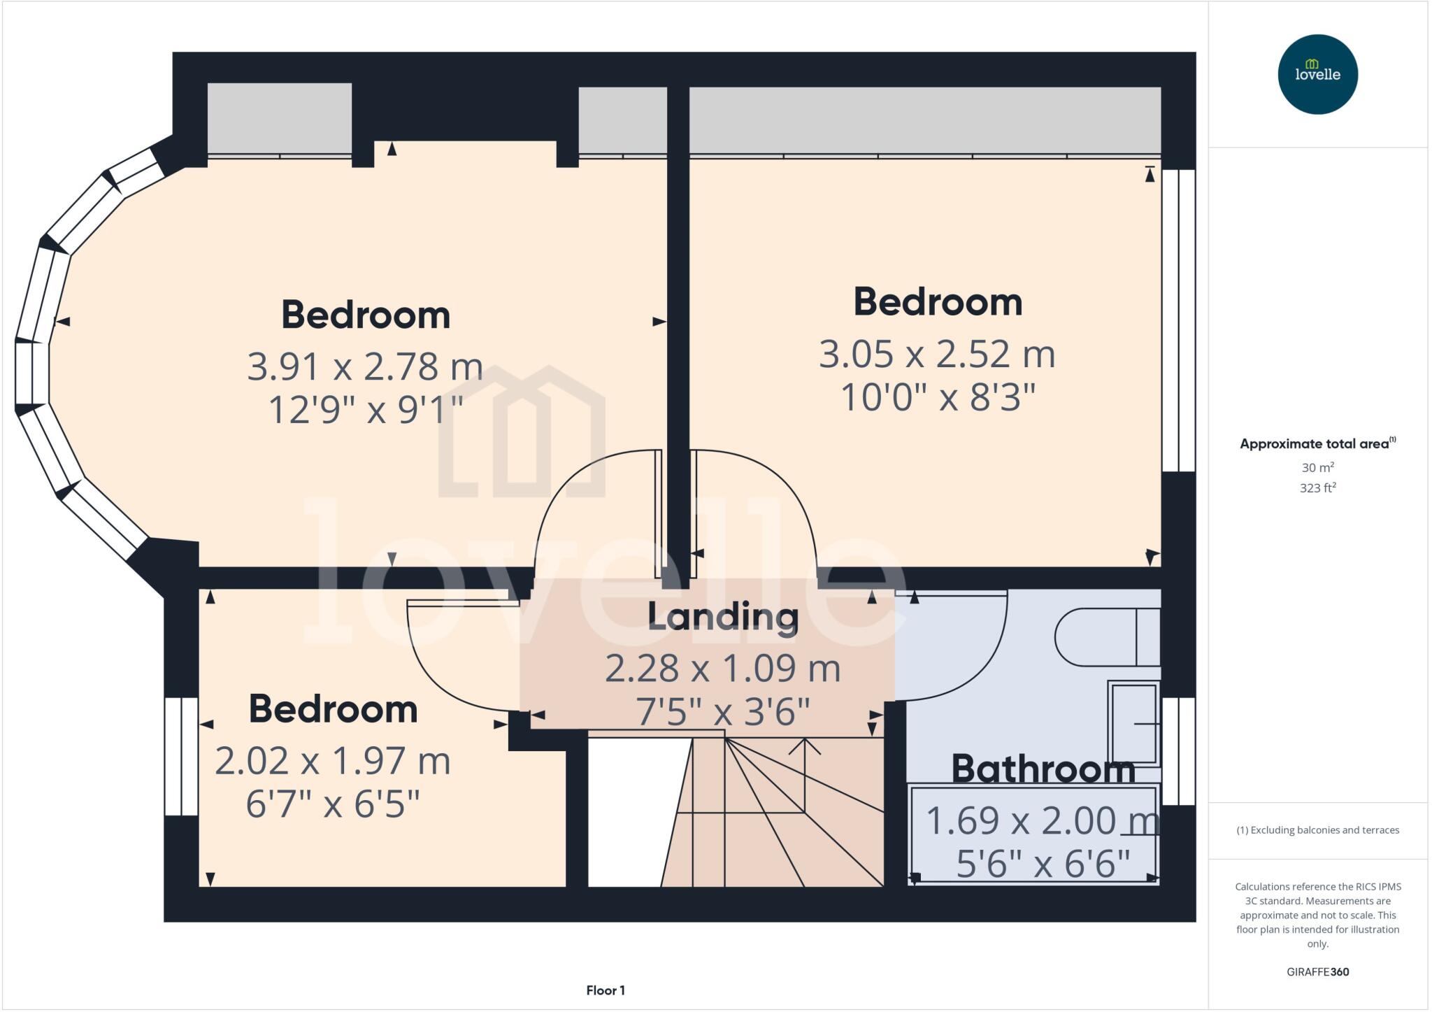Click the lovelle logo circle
point(1317,74)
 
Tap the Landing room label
point(723,616)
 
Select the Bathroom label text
point(1043,769)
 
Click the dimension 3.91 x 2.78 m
point(365,366)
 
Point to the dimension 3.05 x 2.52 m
point(937,354)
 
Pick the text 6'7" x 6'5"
point(333,804)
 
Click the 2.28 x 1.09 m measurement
point(722,668)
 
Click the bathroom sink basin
point(1133,724)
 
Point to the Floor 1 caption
point(606,990)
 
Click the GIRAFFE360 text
point(1317,971)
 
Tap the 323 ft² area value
point(1317,488)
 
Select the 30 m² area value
point(1317,467)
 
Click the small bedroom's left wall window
point(181,756)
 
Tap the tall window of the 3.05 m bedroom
point(1178,320)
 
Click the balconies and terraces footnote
point(1317,830)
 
